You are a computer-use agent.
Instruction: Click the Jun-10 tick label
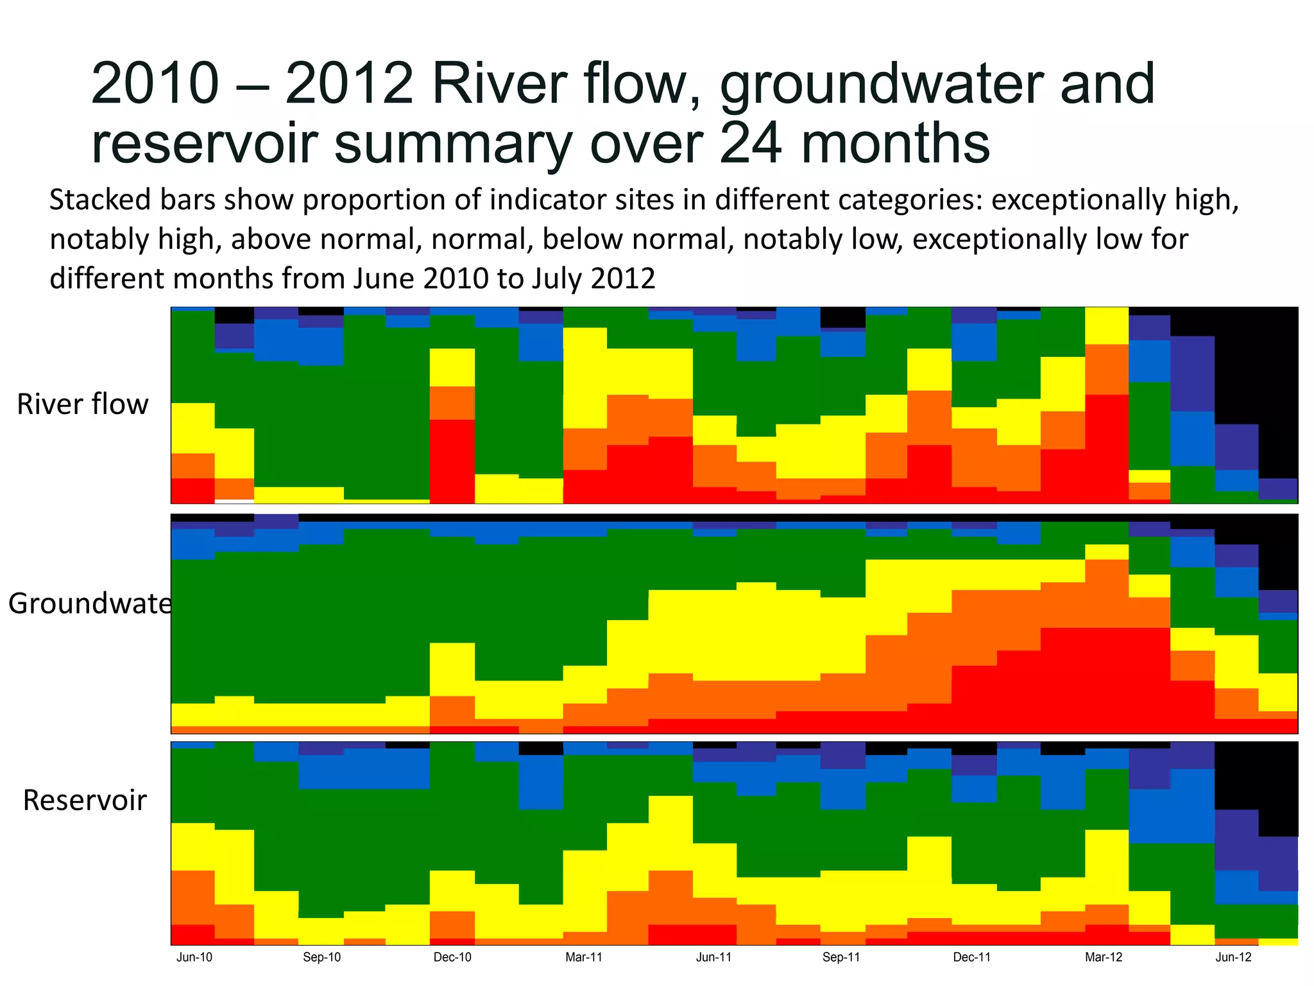(x=194, y=957)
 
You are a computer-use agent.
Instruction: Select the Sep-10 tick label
(x=322, y=957)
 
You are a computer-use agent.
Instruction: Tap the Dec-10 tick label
(x=452, y=957)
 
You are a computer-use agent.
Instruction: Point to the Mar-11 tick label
(x=584, y=957)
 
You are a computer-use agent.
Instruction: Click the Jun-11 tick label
(x=714, y=957)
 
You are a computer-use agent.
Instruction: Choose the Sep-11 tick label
(x=841, y=957)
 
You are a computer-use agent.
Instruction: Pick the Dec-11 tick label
(x=972, y=957)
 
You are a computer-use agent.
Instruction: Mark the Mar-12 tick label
(x=1104, y=957)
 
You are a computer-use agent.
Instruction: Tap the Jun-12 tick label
(x=1234, y=957)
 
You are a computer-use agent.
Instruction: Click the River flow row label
(x=83, y=404)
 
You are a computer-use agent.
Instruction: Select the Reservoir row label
(x=85, y=800)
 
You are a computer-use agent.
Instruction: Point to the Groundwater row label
(x=89, y=603)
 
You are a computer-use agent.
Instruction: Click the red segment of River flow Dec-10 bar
(x=452, y=461)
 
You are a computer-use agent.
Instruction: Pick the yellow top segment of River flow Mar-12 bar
(x=1106, y=325)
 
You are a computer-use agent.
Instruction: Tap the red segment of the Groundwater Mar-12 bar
(x=1106, y=680)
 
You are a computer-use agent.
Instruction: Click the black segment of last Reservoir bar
(x=1278, y=790)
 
